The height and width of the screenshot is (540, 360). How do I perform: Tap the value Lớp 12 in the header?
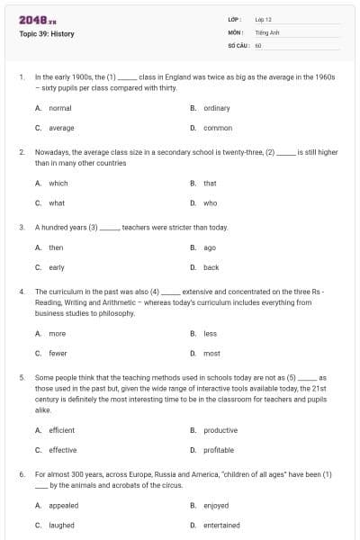coord(264,19)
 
